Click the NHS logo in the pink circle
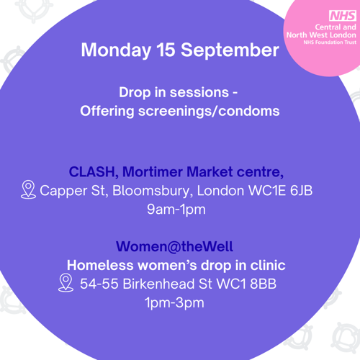[343, 16]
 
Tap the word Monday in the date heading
[116, 50]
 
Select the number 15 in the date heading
[166, 50]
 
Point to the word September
[230, 50]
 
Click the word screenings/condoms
[209, 112]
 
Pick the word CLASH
[94, 172]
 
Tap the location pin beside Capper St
[28, 189]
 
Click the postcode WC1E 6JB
[281, 191]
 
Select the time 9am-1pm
[176, 210]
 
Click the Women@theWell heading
[174, 246]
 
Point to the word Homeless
[100, 266]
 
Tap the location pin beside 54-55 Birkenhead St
[66, 283]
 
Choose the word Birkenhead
[158, 284]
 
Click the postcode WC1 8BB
[246, 284]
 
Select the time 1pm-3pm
[174, 303]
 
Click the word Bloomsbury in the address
[153, 192]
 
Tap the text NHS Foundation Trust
[330, 42]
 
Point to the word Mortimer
[153, 172]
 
